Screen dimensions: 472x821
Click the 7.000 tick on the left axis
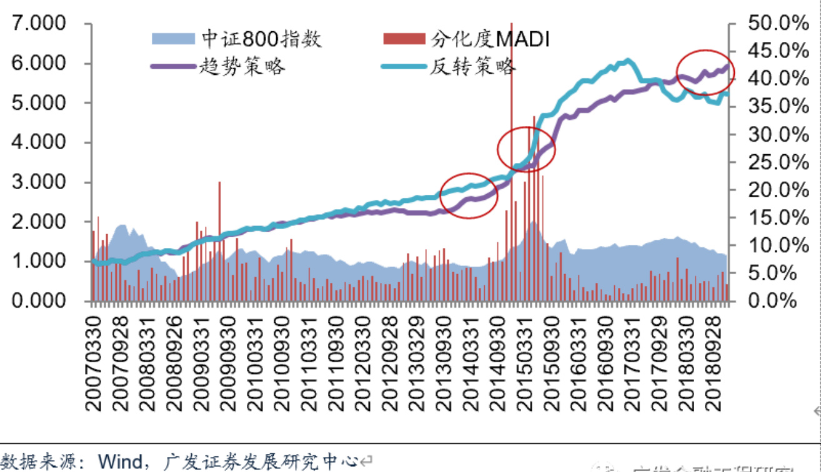point(39,24)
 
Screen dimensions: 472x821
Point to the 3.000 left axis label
point(39,182)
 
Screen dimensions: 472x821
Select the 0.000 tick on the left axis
point(39,301)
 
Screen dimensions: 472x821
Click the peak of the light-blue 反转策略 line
point(627,61)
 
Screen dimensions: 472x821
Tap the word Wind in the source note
point(122,462)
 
